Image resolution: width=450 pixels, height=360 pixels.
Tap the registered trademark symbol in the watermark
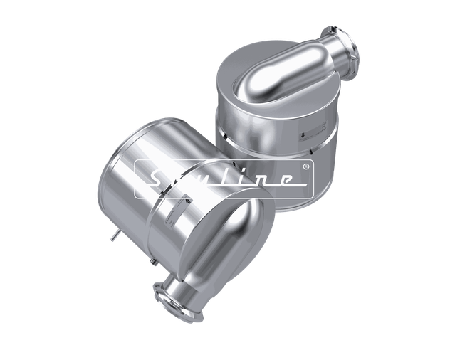tap(306, 167)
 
